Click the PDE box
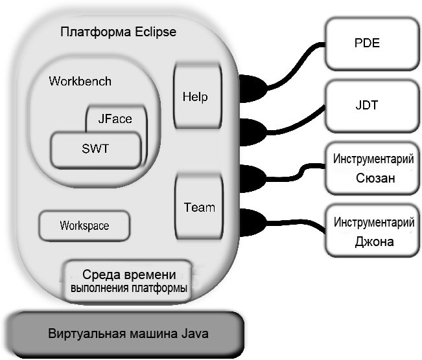point(366,44)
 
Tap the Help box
point(195,96)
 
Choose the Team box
point(199,207)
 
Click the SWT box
point(95,149)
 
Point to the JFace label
point(115,118)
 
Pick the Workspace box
point(84,226)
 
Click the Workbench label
point(80,82)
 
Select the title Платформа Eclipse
point(117,31)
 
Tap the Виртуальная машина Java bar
point(129,334)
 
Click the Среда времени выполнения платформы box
point(128,280)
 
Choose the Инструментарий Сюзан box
point(373,168)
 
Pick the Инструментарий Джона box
point(373,232)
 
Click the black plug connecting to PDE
point(251,87)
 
